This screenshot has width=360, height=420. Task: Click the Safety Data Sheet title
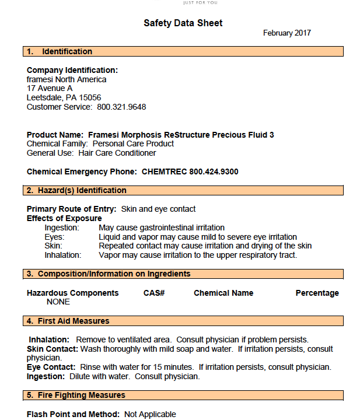pos(183,23)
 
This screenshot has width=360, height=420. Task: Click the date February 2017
pos(286,33)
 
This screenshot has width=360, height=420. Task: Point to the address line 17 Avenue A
pos(50,88)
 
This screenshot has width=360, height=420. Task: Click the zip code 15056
pos(90,97)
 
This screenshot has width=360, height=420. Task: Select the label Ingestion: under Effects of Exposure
pos(62,228)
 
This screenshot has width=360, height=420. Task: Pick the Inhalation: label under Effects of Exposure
pos(63,255)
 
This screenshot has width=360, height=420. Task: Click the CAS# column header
pos(154,293)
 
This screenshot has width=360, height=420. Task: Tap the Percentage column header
pos(317,293)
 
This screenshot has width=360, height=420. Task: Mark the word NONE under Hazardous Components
pos(58,302)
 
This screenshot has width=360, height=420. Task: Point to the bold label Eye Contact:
pos(51,367)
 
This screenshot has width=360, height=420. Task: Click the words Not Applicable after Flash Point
pos(150,414)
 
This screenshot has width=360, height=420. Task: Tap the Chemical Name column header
pos(223,293)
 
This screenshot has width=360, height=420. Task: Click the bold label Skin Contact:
pos(53,349)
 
